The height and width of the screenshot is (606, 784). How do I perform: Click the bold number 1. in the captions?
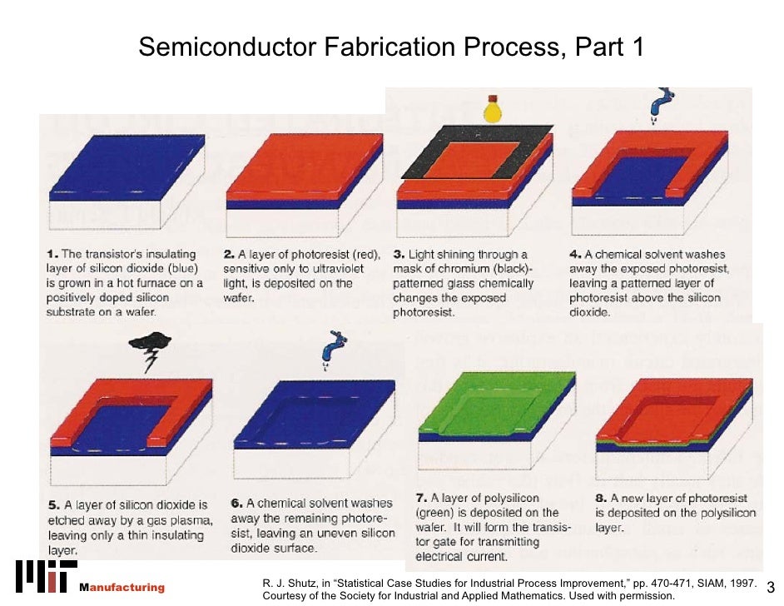(x=52, y=254)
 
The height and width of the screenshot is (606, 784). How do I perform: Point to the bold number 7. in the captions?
(x=421, y=498)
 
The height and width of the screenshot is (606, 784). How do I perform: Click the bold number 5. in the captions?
(x=53, y=505)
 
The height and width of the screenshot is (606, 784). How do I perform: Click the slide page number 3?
(x=769, y=589)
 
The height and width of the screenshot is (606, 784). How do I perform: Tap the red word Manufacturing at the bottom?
(x=122, y=588)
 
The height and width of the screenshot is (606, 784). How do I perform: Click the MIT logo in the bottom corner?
(x=43, y=576)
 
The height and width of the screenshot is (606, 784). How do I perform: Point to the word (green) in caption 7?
(x=438, y=513)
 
